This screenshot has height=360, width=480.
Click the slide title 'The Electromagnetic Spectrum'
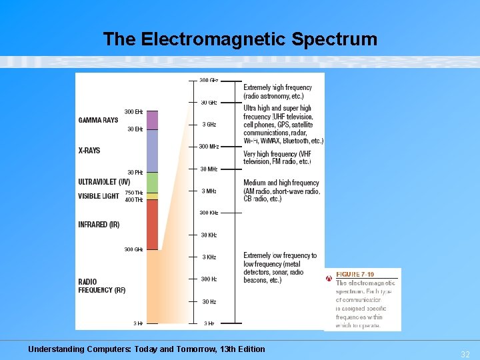[240, 39]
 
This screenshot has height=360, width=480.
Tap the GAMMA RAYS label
[98, 120]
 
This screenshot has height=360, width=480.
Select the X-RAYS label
[89, 151]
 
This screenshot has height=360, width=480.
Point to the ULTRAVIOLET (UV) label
[104, 181]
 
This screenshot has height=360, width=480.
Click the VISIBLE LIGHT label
[99, 196]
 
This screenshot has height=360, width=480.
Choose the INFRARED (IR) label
[99, 225]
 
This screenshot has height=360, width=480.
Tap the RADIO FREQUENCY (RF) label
[101, 286]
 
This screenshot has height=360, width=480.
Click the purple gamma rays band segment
[152, 120]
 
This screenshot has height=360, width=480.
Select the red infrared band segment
[152, 224]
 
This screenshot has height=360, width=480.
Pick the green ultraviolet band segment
[152, 183]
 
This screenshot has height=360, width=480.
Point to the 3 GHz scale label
[209, 125]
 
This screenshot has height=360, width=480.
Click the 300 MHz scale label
[209, 147]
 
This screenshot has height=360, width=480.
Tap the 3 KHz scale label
[209, 257]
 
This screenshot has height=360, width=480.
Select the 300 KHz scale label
[209, 213]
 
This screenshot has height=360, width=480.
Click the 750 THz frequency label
[134, 193]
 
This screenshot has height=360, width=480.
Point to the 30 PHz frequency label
[135, 173]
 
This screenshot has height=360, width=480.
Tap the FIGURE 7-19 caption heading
[355, 275]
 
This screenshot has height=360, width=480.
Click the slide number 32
[465, 355]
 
